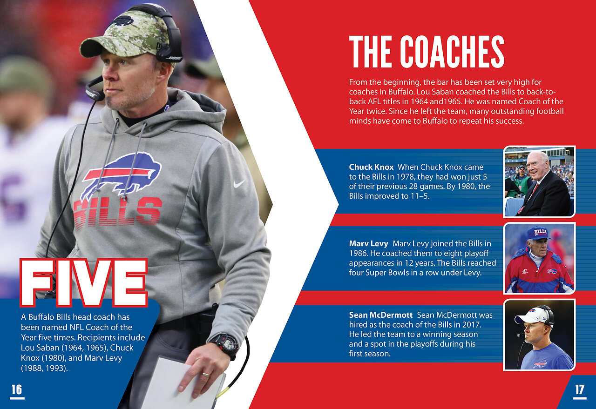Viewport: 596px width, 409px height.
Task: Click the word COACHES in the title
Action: (452, 52)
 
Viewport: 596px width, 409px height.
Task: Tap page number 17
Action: (580, 390)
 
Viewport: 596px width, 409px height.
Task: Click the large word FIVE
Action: (84, 283)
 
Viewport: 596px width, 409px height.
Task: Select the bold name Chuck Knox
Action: (371, 167)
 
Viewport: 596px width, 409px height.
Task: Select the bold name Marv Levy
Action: (368, 244)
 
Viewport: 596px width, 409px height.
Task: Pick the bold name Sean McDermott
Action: (381, 315)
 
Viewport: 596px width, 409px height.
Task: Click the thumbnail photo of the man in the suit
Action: (539, 181)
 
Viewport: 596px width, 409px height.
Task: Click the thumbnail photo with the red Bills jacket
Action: (539, 258)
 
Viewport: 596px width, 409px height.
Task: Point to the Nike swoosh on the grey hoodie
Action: (239, 184)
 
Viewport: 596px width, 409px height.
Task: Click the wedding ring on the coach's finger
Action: (206, 375)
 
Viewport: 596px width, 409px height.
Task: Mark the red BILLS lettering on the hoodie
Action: (117, 213)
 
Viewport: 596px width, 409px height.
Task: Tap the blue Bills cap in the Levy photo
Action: (538, 233)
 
